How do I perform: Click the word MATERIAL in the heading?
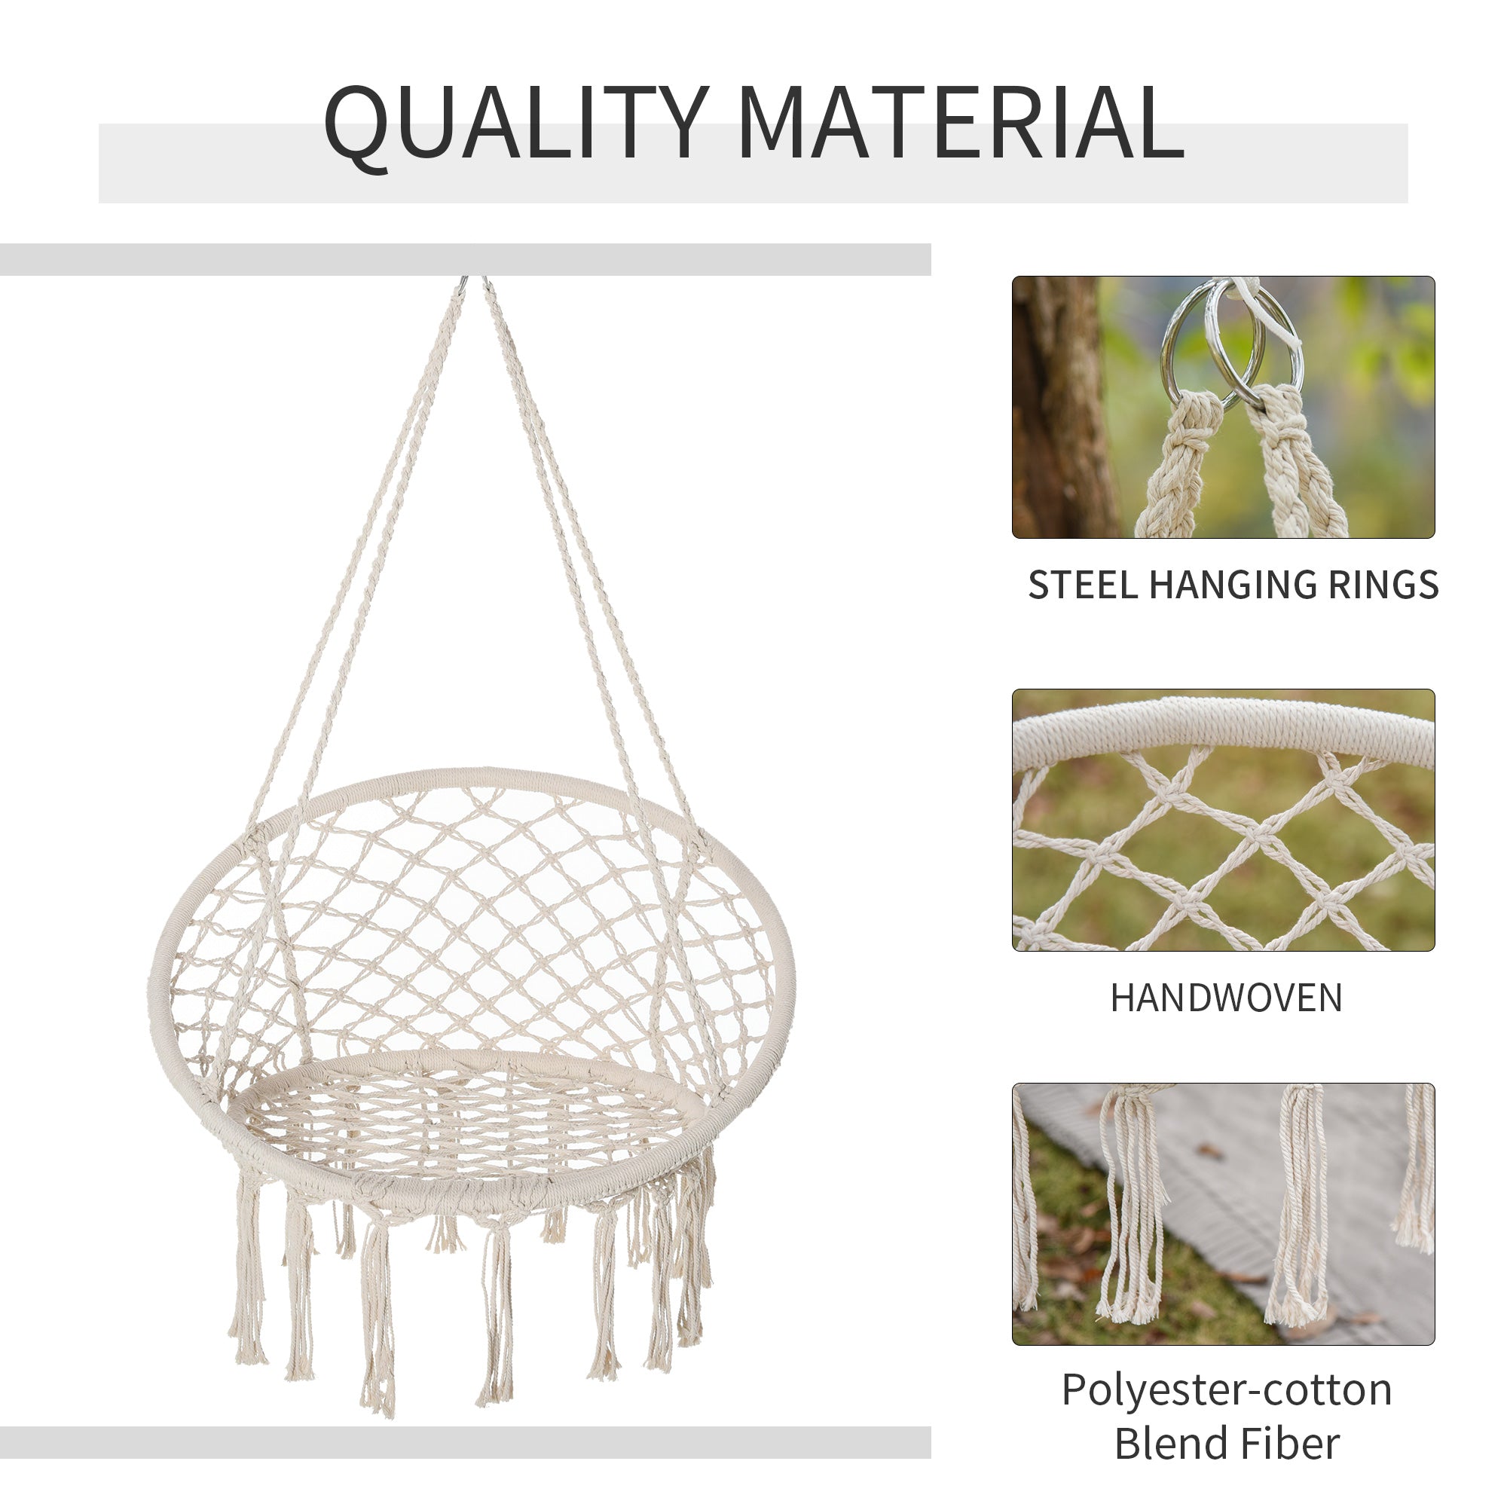click(x=960, y=124)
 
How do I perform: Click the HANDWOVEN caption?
click(x=1225, y=998)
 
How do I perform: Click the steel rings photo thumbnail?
click(x=1222, y=406)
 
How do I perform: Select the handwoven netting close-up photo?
click(x=1222, y=820)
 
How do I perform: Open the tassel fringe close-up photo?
click(x=1222, y=1214)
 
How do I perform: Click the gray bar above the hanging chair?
click(x=465, y=260)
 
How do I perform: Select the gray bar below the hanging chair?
click(x=465, y=1443)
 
